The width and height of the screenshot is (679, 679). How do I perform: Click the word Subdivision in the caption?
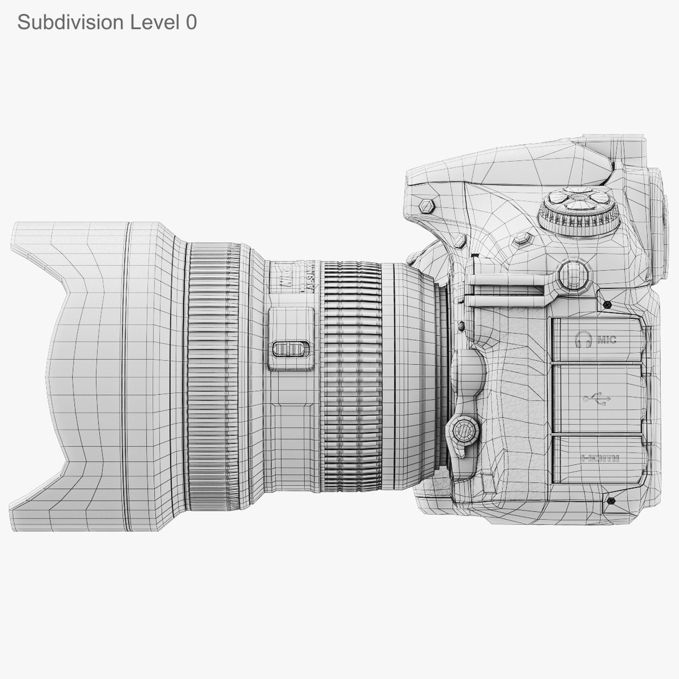click(x=70, y=23)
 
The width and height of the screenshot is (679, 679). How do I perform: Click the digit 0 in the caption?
click(x=191, y=23)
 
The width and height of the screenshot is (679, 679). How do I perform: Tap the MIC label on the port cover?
click(x=607, y=340)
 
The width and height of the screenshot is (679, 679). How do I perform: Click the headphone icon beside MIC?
click(x=585, y=339)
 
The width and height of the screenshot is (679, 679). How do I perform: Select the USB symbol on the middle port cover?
click(x=597, y=399)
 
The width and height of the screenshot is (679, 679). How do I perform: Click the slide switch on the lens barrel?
click(x=291, y=349)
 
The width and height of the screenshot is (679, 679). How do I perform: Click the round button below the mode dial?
click(x=573, y=275)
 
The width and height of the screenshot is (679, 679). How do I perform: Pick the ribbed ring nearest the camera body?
click(x=351, y=376)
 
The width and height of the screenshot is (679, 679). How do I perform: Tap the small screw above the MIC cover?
click(x=607, y=305)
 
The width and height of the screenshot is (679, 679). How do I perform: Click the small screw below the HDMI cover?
click(x=610, y=500)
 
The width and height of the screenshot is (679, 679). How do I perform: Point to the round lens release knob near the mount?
click(x=463, y=431)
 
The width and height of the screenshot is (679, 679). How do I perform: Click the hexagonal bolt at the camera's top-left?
click(x=427, y=206)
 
